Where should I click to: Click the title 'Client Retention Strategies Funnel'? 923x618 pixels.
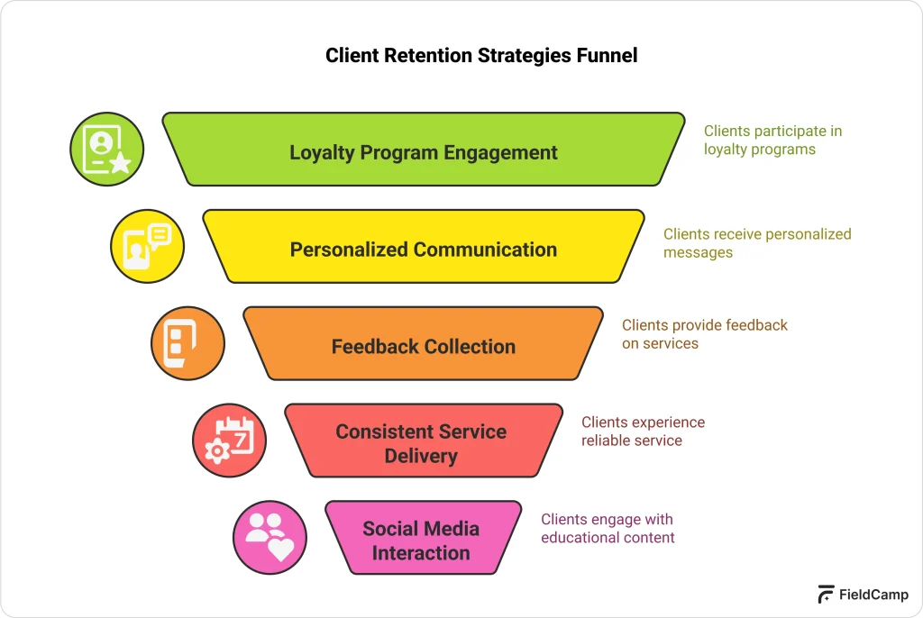pos(480,56)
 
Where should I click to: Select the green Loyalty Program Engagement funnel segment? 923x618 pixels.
pos(424,150)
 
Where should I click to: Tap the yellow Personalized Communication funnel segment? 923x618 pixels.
pos(424,248)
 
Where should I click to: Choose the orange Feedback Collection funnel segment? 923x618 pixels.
pos(424,345)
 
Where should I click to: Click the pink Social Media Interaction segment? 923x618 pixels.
pos(422,539)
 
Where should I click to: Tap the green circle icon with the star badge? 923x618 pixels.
pos(107,150)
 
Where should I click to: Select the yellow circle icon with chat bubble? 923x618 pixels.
pos(147,247)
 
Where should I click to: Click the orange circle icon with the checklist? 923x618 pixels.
pos(187,343)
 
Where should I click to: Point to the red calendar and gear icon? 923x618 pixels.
pos(229,441)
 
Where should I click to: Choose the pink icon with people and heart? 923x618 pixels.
pos(270,537)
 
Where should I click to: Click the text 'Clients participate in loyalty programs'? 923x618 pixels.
pos(772,141)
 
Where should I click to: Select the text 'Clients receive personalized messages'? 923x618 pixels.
pos(756,243)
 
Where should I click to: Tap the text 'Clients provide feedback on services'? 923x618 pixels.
pos(704,334)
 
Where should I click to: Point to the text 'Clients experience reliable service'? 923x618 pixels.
pos(643,432)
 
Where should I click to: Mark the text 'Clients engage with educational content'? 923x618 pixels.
pos(608,529)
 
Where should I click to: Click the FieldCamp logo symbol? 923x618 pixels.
pos(826,595)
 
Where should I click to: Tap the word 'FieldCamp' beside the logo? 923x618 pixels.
pos(873,595)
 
